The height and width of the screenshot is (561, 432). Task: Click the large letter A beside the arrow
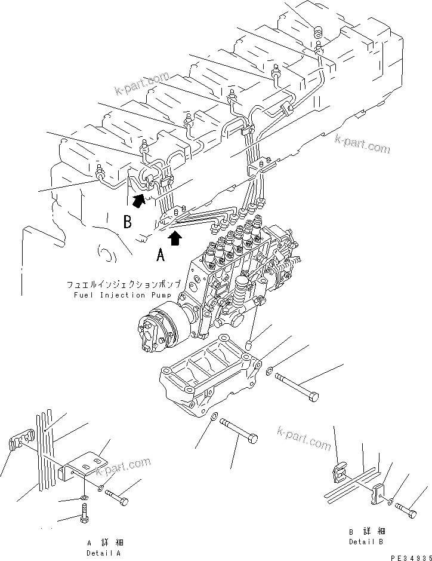161,256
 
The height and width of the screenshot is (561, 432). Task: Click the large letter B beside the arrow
127,222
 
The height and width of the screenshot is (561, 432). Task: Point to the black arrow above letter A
175,238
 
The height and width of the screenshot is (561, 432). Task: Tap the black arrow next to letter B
138,201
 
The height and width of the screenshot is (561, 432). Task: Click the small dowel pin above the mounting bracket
251,344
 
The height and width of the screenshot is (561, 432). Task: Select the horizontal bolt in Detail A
117,498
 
